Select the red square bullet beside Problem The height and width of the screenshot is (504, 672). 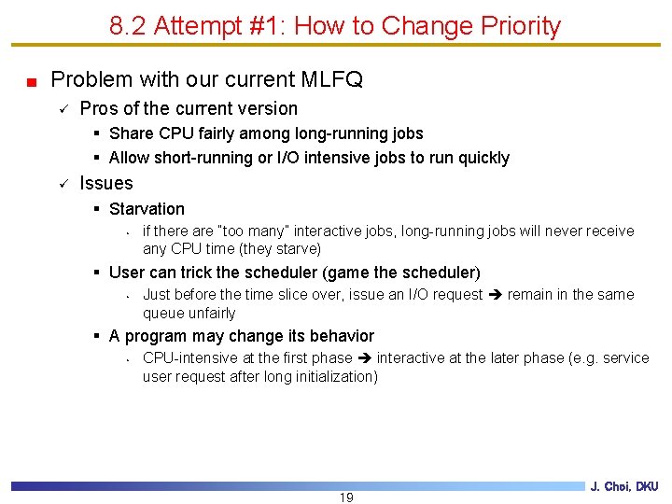pos(31,81)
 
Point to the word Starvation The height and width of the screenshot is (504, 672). pos(147,209)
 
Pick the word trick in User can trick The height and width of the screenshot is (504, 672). pos(192,273)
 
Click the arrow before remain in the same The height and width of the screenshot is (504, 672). pos(496,295)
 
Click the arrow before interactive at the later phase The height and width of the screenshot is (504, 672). pos(365,358)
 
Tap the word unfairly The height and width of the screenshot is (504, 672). pos(209,313)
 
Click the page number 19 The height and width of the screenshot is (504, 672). pos(346,497)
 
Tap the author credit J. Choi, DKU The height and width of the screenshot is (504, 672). pos(624,486)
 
